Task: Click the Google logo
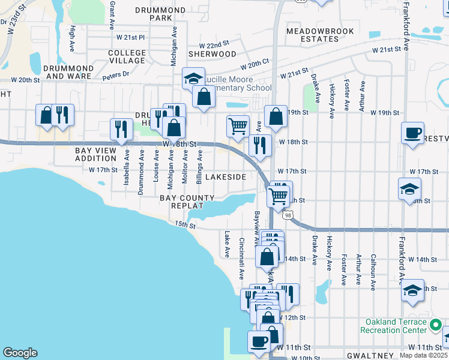tap(20, 353)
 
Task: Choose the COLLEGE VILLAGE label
tap(127, 57)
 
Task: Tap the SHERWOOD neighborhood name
tap(212, 53)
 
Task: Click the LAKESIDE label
tap(226, 178)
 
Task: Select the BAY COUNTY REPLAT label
tap(187, 202)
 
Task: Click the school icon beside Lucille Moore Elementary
tap(193, 79)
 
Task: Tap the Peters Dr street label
tap(115, 75)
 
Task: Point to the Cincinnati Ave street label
tap(241, 259)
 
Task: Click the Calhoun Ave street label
tap(373, 269)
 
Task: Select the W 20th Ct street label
tap(255, 64)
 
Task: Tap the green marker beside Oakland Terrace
tap(437, 326)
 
